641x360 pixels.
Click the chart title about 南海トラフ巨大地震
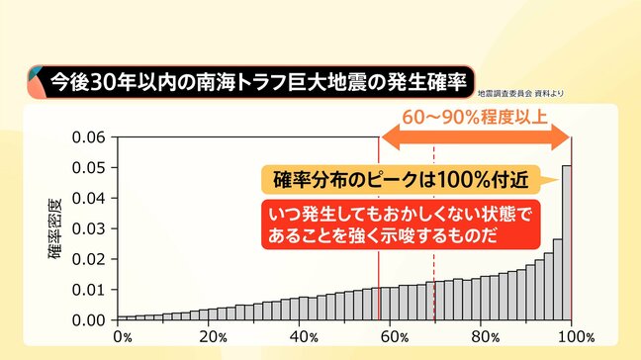pos(261,80)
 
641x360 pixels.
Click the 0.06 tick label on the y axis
pos(89,136)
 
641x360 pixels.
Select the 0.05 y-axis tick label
pos(89,167)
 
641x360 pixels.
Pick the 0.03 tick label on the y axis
pos(89,228)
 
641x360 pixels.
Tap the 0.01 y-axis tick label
pos(89,290)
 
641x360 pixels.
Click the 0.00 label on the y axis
pos(89,320)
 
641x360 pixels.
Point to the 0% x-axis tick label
pos(123,337)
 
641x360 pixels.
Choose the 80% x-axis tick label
pos(483,337)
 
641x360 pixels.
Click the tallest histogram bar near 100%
pos(567,242)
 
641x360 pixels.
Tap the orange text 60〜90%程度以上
pos(474,116)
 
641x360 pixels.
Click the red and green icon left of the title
pos(37,80)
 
